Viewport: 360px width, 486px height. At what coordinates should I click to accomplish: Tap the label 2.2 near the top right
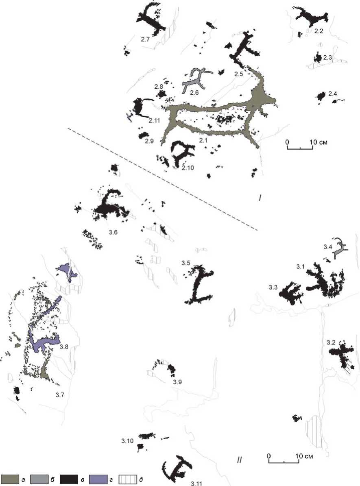(319, 31)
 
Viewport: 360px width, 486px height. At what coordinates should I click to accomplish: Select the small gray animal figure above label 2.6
(196, 80)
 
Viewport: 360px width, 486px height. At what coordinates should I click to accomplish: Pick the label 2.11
(154, 120)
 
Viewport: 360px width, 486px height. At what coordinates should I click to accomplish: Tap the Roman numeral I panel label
(260, 197)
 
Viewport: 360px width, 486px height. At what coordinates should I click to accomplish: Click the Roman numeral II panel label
(239, 460)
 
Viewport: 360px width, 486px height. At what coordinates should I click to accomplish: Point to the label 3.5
(186, 263)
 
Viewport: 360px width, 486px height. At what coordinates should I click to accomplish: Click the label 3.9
(177, 382)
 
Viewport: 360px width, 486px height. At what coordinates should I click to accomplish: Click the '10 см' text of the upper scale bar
(319, 142)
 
